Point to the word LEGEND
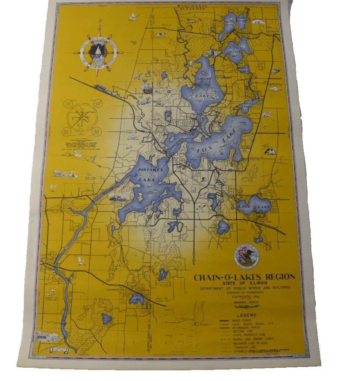click(x=247, y=315)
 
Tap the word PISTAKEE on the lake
click(x=149, y=169)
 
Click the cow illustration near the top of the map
click(x=161, y=35)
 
